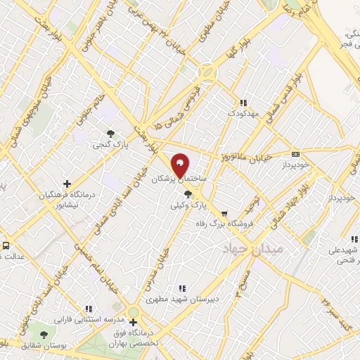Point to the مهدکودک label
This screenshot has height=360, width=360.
tap(243, 113)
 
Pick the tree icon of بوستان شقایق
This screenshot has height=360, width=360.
tap(44, 335)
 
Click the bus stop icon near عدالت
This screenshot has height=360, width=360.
tap(6, 246)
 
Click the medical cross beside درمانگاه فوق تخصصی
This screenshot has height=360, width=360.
tap(133, 323)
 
